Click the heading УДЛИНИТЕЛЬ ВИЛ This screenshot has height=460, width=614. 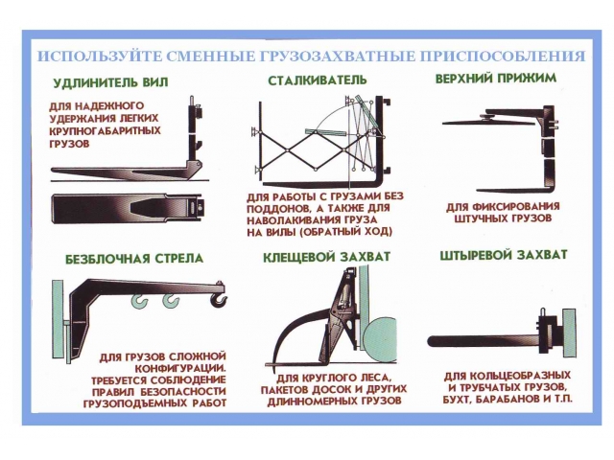pyautogui.click(x=110, y=82)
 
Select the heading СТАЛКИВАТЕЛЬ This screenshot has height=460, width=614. pyautogui.click(x=318, y=80)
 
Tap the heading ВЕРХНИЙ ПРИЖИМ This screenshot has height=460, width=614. pyautogui.click(x=496, y=79)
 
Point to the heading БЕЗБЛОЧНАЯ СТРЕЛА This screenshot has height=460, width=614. pyautogui.click(x=134, y=259)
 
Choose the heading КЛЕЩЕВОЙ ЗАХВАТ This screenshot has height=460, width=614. pyautogui.click(x=326, y=257)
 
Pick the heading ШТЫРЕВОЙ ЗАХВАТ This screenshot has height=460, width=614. pyautogui.click(x=504, y=255)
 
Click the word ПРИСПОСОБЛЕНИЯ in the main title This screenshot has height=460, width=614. pyautogui.click(x=503, y=56)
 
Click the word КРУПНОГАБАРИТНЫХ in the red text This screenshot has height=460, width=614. pyautogui.click(x=105, y=131)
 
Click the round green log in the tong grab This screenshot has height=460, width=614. pyautogui.click(x=380, y=336)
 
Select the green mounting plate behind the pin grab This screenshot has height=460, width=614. pyautogui.click(x=569, y=333)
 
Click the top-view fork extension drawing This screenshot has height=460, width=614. pyautogui.click(x=128, y=209)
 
